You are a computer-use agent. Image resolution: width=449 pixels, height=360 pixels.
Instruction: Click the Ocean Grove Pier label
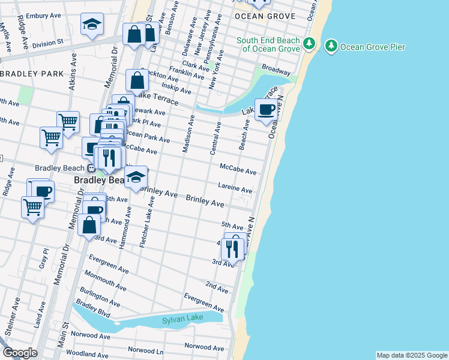click(372, 47)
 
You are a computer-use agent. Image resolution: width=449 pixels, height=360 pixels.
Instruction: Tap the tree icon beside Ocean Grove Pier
click(330, 46)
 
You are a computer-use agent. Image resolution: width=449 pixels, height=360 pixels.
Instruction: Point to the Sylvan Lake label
click(183, 320)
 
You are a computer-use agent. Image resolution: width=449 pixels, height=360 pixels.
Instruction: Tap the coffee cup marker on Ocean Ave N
click(265, 109)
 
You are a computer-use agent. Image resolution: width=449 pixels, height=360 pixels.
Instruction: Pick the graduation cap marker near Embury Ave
click(91, 25)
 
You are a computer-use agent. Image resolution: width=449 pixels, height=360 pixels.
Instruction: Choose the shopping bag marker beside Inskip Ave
click(137, 80)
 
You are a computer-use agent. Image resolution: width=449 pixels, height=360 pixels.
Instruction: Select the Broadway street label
click(276, 70)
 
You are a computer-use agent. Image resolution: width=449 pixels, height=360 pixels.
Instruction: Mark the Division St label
click(47, 44)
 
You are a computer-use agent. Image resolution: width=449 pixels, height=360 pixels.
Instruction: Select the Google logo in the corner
click(20, 353)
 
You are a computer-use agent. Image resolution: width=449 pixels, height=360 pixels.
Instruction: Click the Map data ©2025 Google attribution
click(411, 355)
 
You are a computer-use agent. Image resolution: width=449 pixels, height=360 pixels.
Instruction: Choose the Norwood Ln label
click(146, 350)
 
